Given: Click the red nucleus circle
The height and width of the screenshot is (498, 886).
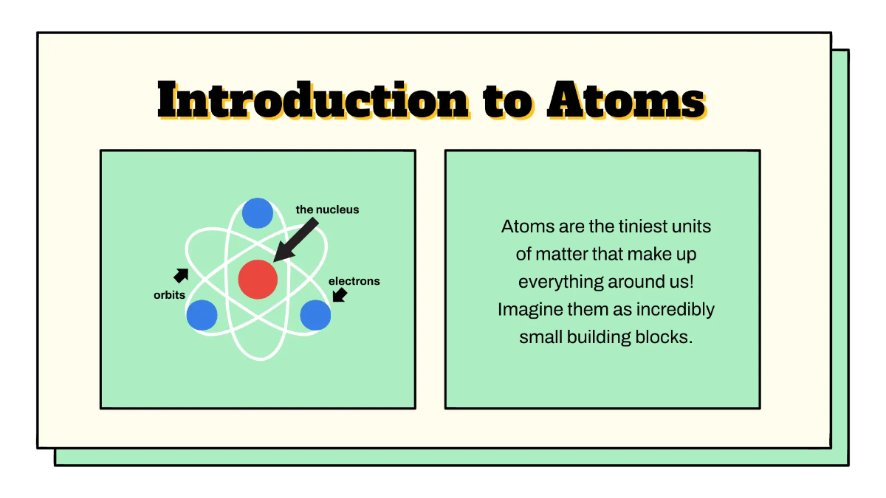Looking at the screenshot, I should [x=258, y=280].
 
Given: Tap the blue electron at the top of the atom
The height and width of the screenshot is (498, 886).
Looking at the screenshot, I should [x=258, y=213].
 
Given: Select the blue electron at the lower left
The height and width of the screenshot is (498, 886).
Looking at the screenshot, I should [x=202, y=315].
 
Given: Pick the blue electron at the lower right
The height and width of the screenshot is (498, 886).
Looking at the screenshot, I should [x=315, y=315].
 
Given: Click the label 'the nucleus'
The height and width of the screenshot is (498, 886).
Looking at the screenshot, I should [x=327, y=210].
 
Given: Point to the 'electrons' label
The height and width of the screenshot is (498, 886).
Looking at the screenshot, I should [x=354, y=281].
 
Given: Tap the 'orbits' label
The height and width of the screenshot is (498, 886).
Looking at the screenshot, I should [x=169, y=295].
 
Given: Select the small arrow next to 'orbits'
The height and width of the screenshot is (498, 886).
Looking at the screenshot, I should [x=181, y=275].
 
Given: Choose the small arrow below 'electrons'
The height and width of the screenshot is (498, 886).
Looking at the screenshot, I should [x=340, y=295].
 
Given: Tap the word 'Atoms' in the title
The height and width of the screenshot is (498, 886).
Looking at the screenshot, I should [x=625, y=100].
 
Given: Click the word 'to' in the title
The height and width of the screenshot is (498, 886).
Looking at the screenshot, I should [x=507, y=102].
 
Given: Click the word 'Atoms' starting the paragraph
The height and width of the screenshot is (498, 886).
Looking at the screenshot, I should [x=526, y=226].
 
